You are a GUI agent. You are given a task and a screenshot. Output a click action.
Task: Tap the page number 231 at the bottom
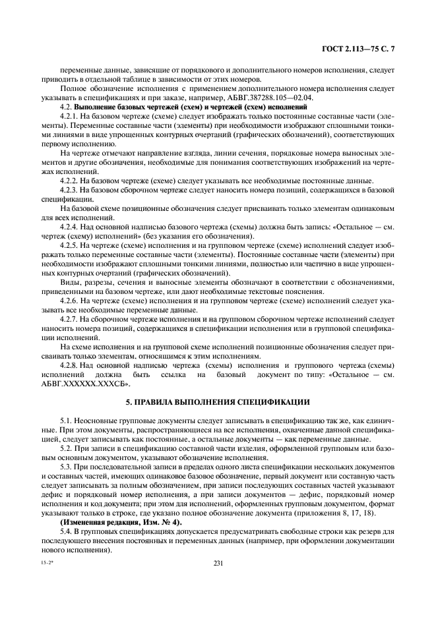218,563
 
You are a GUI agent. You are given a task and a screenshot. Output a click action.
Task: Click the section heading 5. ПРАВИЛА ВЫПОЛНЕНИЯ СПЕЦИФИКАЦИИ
218,401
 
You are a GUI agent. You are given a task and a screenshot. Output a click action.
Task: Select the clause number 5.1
66,420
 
